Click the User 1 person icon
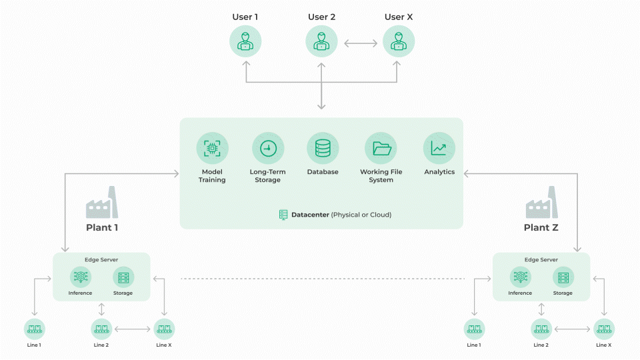click(245, 42)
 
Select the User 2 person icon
click(322, 42)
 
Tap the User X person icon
click(399, 42)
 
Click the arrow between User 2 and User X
click(361, 44)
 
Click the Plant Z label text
click(541, 227)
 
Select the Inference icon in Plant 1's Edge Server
click(80, 277)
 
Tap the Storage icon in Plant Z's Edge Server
click(563, 277)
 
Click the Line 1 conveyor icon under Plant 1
click(35, 329)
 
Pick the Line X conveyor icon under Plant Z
click(604, 329)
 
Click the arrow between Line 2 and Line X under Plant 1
click(133, 329)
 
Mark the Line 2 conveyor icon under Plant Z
click(541, 329)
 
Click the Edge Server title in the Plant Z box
click(541, 259)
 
